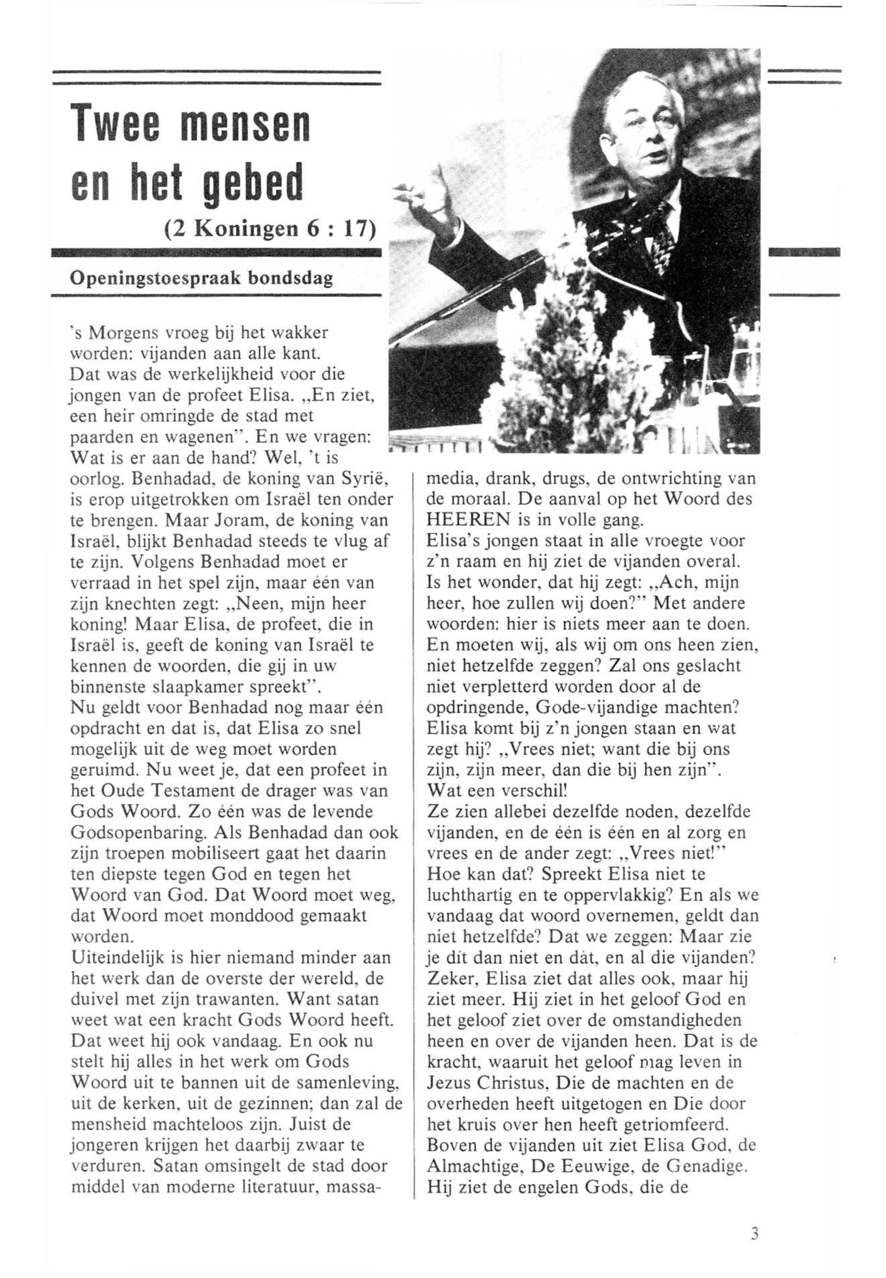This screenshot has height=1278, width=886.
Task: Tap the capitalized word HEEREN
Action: tap(468, 520)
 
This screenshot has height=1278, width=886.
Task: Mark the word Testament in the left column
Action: tap(178, 791)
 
